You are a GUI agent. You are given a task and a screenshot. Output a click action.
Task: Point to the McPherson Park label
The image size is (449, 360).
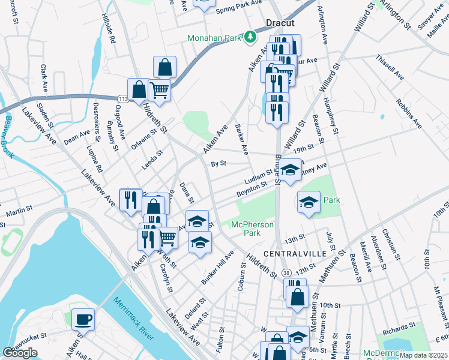point(253,229)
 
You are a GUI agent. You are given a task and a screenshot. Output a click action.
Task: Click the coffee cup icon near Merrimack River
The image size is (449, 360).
point(83,319)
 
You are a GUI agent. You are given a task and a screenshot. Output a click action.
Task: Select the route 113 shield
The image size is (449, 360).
point(122,98)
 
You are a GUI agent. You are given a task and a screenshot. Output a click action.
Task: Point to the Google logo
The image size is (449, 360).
point(20,353)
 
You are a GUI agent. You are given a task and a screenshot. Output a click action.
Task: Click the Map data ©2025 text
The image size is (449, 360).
point(423,355)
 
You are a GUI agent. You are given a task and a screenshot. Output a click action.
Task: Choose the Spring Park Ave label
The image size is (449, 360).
point(240,10)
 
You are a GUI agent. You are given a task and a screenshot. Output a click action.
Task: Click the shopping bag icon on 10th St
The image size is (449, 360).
point(297,295)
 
